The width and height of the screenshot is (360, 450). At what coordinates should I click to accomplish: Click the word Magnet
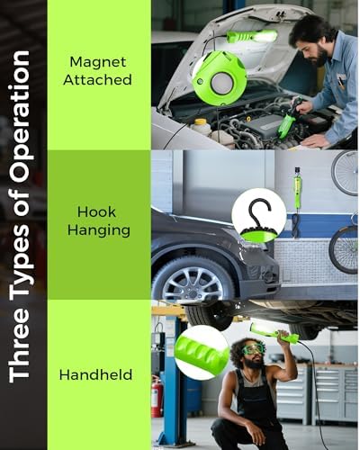click(98, 62)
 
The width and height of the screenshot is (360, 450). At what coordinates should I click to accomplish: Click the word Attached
click(97, 80)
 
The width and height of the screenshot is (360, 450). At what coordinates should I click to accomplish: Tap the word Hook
click(96, 212)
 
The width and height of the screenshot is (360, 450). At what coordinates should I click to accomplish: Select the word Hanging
click(99, 231)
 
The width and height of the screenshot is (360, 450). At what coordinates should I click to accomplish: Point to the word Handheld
click(95, 374)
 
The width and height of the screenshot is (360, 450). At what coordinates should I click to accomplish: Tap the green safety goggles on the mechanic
click(253, 349)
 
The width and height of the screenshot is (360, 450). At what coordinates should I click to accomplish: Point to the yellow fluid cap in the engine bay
click(201, 121)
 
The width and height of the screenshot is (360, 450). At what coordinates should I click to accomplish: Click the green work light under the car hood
click(252, 37)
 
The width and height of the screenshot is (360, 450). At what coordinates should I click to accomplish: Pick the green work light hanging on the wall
click(298, 187)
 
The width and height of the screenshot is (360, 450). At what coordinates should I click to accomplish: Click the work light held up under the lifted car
click(274, 333)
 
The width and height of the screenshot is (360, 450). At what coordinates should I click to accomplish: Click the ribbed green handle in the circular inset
click(202, 353)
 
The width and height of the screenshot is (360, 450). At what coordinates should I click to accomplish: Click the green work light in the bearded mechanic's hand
click(287, 122)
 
